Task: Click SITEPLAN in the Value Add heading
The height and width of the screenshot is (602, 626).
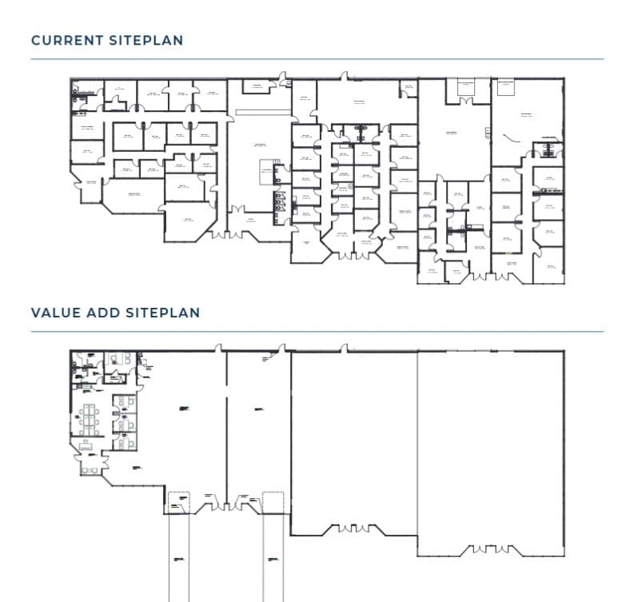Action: pyautogui.click(x=163, y=313)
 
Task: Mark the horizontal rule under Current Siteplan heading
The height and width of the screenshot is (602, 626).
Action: pyautogui.click(x=317, y=59)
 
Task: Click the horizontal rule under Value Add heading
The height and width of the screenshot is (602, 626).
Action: pyautogui.click(x=317, y=332)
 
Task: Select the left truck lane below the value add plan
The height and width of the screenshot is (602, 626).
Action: pyautogui.click(x=179, y=556)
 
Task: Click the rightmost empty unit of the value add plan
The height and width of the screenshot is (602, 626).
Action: pyautogui.click(x=490, y=448)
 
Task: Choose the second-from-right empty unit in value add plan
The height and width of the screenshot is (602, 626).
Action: pyautogui.click(x=353, y=440)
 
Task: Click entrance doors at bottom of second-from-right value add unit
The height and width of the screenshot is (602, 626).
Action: pyautogui.click(x=353, y=528)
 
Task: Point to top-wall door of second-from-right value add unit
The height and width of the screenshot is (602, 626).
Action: pyautogui.click(x=345, y=349)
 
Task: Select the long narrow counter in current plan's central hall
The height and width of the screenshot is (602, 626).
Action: pyautogui.click(x=260, y=113)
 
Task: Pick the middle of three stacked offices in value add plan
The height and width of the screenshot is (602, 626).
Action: pyautogui.click(x=122, y=423)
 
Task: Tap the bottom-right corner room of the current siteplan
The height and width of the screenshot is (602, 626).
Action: pyautogui.click(x=548, y=265)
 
